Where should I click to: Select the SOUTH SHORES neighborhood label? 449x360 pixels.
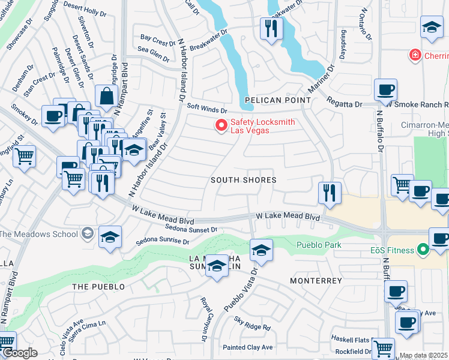243,180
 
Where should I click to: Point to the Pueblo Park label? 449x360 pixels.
319,245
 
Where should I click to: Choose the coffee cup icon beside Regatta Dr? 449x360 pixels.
385,91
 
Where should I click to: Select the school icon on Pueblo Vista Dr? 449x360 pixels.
261,250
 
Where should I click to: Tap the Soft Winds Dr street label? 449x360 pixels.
207,110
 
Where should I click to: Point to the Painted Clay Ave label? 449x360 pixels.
247,347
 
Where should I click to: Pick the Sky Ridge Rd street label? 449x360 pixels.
252,325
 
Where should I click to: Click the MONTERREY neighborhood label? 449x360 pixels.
316,281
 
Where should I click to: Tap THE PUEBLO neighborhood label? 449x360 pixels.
98,287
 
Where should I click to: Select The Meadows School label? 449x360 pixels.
41,233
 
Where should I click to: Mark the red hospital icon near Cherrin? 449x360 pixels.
414,56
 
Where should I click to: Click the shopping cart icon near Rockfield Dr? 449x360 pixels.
382,348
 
